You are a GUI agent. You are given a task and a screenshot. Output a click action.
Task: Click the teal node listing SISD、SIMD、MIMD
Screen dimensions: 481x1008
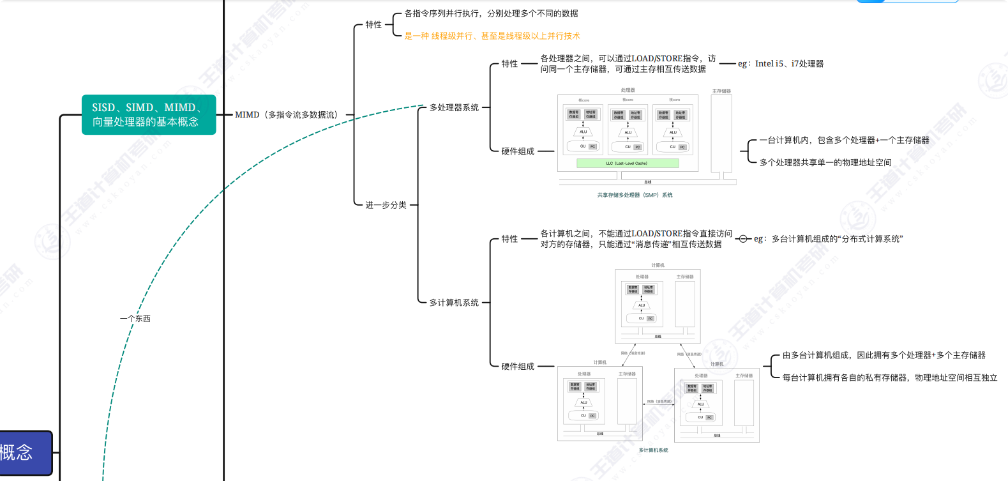coord(148,115)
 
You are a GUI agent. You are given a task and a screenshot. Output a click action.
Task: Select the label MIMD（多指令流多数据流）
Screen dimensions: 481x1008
coord(287,115)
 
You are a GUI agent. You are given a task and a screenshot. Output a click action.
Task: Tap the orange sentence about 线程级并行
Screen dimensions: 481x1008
coord(492,36)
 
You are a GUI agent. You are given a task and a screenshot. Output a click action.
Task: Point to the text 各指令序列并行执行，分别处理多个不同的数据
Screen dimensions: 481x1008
coord(491,13)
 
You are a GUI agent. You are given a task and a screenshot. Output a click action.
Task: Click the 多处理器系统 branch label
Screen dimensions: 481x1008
coord(454,107)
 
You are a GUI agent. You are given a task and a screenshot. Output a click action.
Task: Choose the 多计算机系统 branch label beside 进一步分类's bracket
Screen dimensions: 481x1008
coord(454,303)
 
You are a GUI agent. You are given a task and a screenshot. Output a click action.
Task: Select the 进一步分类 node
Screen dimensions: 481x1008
coord(386,205)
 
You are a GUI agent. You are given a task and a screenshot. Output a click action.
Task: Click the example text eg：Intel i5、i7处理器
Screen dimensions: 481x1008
coord(781,64)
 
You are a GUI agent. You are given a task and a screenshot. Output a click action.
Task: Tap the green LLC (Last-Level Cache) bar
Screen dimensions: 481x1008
coord(627,164)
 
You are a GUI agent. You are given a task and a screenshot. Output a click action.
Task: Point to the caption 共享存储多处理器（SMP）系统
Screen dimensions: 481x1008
coord(635,195)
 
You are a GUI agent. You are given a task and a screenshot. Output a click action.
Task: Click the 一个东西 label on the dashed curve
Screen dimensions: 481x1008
coord(135,319)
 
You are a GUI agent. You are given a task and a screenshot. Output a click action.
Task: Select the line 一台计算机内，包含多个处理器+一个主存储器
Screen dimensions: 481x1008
coord(844,141)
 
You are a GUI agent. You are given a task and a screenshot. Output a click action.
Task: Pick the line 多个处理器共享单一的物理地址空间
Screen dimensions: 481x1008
coord(825,163)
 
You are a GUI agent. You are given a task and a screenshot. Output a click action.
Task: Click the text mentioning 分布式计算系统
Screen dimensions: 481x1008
coord(829,239)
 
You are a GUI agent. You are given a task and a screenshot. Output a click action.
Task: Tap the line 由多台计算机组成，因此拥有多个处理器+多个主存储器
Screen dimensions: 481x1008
coord(884,355)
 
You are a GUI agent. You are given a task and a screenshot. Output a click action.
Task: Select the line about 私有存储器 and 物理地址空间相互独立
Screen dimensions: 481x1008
coord(889,378)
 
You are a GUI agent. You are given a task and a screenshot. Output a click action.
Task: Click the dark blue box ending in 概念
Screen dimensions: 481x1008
coord(24,453)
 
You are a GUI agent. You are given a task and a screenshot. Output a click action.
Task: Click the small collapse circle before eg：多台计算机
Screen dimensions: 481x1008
coord(742,239)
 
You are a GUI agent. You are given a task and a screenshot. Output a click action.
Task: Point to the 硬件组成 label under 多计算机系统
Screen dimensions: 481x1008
coord(518,367)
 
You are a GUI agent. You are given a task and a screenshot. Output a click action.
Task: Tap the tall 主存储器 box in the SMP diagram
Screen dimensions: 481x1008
coord(721,134)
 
